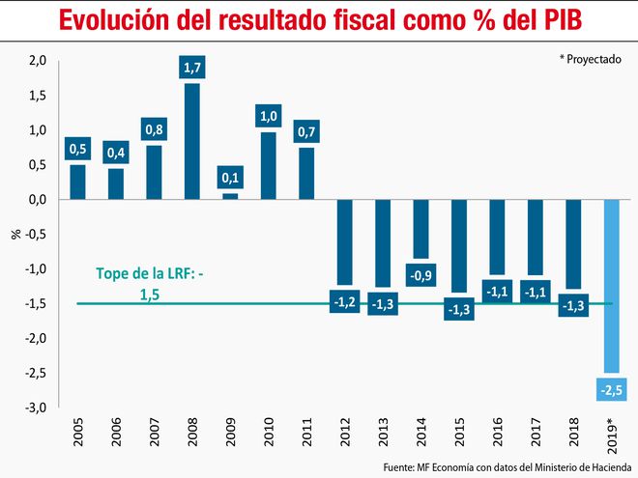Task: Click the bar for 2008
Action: (x=191, y=141)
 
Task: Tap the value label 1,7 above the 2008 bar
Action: (x=191, y=69)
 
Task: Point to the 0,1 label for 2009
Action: (x=229, y=179)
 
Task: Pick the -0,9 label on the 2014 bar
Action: (x=420, y=276)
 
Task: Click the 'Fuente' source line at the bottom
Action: (x=503, y=466)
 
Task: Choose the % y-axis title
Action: (x=14, y=234)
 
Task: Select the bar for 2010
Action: (x=268, y=165)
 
